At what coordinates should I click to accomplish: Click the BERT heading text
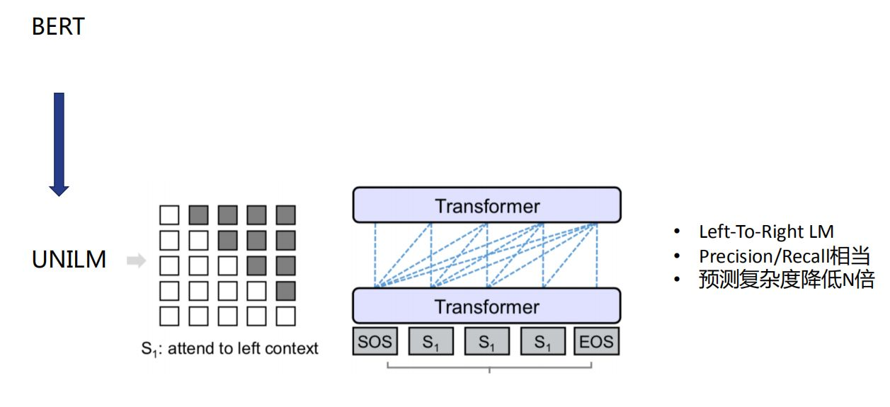pyautogui.click(x=58, y=27)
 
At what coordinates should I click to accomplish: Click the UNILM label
pyautogui.click(x=69, y=259)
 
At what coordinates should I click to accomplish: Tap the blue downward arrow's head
pyautogui.click(x=59, y=190)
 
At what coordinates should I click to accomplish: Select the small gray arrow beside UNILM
pyautogui.click(x=136, y=260)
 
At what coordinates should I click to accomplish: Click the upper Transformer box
pyautogui.click(x=486, y=205)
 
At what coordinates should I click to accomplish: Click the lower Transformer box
pyautogui.click(x=486, y=306)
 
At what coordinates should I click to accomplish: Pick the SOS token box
pyautogui.click(x=375, y=341)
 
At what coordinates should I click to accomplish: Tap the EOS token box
pyautogui.click(x=596, y=341)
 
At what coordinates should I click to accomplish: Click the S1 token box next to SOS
pyautogui.click(x=431, y=341)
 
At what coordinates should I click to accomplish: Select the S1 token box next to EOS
pyautogui.click(x=543, y=341)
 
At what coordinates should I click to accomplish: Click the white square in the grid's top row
pyautogui.click(x=169, y=214)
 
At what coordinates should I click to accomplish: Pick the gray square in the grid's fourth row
pyautogui.click(x=285, y=291)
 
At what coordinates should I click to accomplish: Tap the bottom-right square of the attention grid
pyautogui.click(x=285, y=316)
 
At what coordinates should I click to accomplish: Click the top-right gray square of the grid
pyautogui.click(x=285, y=214)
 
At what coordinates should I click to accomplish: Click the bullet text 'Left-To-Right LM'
pyautogui.click(x=766, y=231)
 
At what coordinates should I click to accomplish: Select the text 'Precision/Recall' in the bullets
pyautogui.click(x=764, y=256)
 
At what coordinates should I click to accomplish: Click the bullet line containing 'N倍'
pyautogui.click(x=787, y=279)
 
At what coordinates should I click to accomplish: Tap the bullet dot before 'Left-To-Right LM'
pyautogui.click(x=677, y=231)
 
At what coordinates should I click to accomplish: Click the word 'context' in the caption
pyautogui.click(x=291, y=348)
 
